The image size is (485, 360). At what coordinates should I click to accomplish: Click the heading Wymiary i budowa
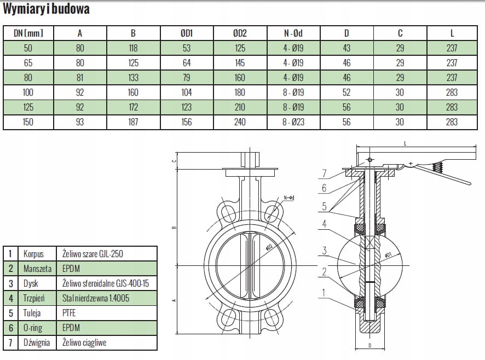46,9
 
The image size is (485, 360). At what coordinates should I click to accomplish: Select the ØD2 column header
240,33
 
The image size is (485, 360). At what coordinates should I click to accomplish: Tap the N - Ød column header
293,33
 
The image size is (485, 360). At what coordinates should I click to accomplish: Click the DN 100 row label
28,92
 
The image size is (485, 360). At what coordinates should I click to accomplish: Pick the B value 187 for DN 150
133,122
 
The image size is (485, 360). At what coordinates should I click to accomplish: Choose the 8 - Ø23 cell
293,122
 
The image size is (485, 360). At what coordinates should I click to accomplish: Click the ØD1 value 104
186,92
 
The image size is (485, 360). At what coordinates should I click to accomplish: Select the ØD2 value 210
240,107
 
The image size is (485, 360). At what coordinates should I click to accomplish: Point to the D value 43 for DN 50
347,48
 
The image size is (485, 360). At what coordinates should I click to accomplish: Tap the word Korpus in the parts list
33,254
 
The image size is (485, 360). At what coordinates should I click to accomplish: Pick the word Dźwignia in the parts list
37,342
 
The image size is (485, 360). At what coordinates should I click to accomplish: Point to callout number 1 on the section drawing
325,293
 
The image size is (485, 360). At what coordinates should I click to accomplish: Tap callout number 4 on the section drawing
325,224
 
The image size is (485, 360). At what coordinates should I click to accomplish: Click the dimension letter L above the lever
405,143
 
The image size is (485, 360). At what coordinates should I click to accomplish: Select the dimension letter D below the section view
371,345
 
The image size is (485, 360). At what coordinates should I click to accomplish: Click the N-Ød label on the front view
290,198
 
